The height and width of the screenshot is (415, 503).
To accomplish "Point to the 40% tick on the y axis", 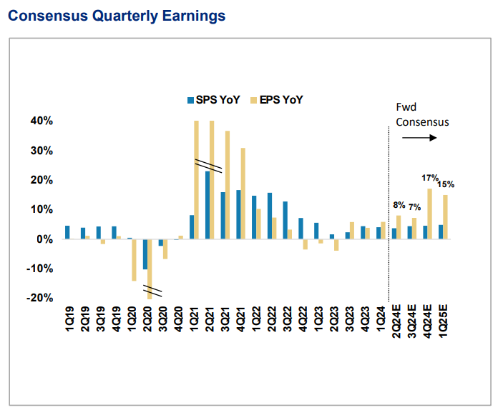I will [41, 121].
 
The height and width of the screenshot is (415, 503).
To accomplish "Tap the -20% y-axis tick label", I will [39, 298].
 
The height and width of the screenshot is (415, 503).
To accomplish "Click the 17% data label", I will [429, 179].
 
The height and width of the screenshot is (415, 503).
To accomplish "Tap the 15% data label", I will [446, 184].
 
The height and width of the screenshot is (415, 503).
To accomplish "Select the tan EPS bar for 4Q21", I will [243, 194].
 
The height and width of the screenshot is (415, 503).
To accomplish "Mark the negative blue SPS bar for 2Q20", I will [145, 254].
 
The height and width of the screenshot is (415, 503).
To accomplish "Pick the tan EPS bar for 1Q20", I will [134, 260].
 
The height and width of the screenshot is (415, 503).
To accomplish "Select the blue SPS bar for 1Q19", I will [67, 232].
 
